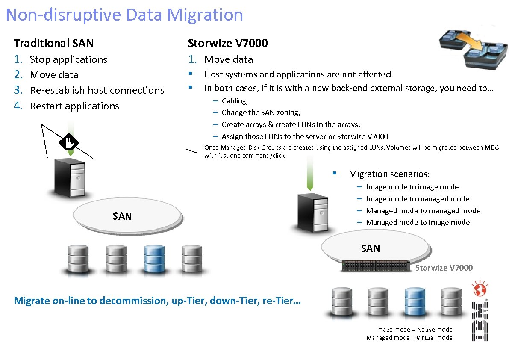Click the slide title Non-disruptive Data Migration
point(124,15)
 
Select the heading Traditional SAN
point(53,43)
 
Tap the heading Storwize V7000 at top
point(228,43)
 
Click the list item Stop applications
point(68,59)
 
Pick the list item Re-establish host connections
point(97,90)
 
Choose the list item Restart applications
point(74,106)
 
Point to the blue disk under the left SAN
point(152,260)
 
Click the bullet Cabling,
point(235,101)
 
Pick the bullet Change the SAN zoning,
point(261,113)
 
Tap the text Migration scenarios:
point(389,174)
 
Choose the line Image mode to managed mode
point(418,199)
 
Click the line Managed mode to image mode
point(418,222)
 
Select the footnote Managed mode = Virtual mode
point(409,338)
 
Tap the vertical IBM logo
point(480,322)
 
